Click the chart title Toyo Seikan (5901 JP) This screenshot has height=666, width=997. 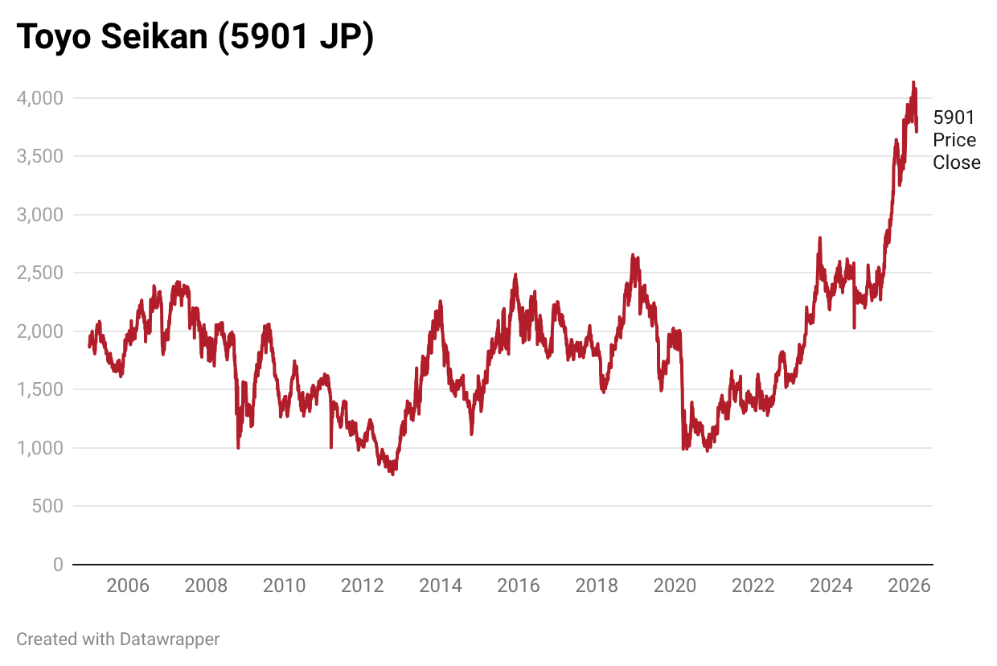click(195, 38)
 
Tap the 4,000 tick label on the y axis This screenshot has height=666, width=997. click(39, 98)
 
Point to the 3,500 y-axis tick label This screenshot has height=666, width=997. click(39, 156)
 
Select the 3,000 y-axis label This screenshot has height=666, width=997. click(39, 215)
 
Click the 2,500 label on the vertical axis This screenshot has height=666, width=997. click(39, 273)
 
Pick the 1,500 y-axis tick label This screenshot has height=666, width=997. click(39, 389)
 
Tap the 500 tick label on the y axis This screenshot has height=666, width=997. click(47, 506)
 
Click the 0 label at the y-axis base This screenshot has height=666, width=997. click(58, 565)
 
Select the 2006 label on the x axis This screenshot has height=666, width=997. click(128, 586)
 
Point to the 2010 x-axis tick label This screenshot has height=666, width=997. click(284, 586)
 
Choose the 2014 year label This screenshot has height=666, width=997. click(441, 586)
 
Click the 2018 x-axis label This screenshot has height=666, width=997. click(597, 586)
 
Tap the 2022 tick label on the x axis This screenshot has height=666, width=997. click(753, 586)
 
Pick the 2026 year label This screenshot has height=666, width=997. click(909, 586)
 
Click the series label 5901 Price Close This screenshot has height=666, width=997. click(956, 140)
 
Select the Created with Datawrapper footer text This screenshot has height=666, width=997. click(118, 639)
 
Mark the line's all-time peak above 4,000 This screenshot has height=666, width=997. click(913, 82)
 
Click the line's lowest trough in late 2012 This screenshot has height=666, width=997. click(392, 474)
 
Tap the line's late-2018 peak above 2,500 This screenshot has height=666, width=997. click(633, 255)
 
